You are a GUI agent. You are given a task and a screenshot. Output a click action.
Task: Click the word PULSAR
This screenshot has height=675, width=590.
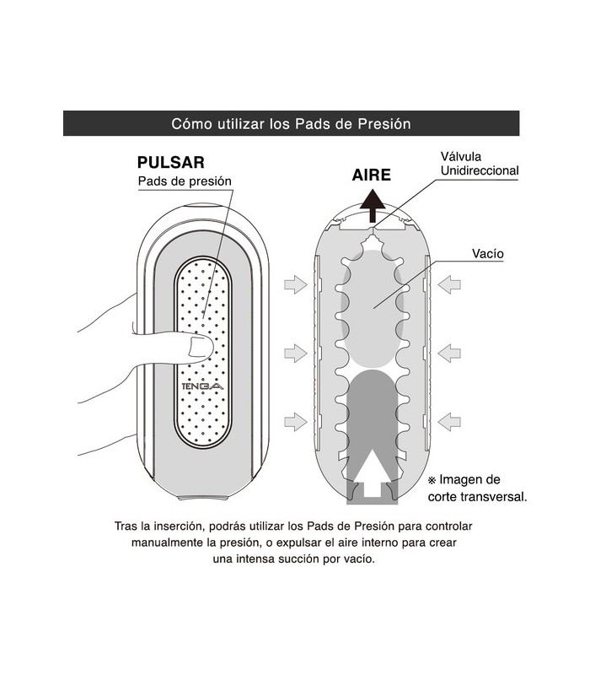[171, 162]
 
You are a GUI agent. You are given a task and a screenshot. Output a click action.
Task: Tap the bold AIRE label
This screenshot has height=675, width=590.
[371, 175]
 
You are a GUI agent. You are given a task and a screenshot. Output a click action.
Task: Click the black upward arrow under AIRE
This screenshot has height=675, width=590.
[373, 206]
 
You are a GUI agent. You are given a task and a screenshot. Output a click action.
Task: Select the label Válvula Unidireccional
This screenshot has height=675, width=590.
[480, 164]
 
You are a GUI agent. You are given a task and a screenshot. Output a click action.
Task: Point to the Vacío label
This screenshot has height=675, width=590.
[488, 254]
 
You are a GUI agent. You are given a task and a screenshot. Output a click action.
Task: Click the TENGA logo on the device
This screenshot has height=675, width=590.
[202, 386]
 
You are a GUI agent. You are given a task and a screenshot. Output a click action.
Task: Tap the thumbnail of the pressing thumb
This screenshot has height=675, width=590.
[200, 348]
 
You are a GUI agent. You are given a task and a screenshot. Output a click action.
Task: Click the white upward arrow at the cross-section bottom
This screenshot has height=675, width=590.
[372, 473]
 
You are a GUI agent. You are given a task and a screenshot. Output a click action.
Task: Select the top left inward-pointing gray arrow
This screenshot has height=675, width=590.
[296, 284]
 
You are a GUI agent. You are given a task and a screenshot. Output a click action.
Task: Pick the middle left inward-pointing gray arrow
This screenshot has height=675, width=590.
[296, 353]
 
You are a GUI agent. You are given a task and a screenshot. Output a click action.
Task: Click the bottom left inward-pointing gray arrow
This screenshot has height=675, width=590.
[296, 421]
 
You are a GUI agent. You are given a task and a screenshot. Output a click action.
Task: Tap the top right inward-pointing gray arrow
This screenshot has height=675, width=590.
[449, 284]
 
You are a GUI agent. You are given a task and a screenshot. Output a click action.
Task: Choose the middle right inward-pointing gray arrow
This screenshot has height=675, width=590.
[449, 353]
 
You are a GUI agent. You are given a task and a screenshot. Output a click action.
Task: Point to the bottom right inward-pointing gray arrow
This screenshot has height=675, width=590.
[449, 421]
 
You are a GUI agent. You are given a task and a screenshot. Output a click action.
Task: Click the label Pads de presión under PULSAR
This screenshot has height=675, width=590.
[185, 181]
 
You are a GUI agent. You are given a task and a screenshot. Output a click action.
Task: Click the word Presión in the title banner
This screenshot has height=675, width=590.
[384, 124]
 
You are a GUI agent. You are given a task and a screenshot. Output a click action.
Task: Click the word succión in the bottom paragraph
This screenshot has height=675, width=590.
[298, 559]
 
